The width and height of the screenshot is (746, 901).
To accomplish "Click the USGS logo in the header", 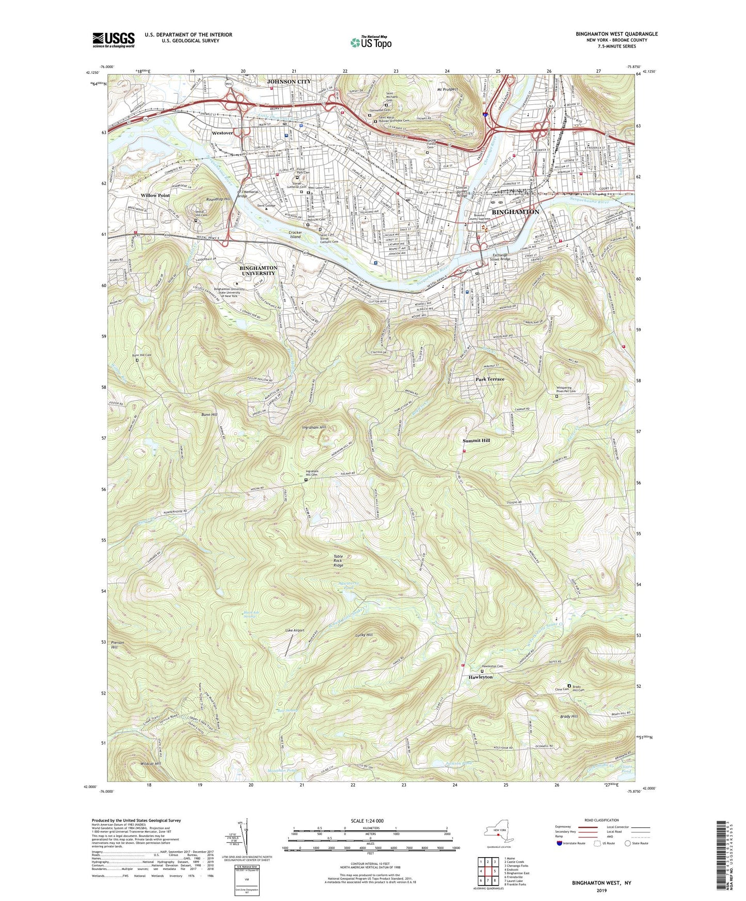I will pyautogui.click(x=114, y=39).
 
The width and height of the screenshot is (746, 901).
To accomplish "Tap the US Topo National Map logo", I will pyautogui.click(x=371, y=42).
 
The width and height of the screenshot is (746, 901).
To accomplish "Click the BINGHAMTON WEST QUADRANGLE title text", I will pyautogui.click(x=616, y=34).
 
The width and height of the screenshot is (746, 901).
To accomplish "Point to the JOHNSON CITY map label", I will pyautogui.click(x=289, y=82).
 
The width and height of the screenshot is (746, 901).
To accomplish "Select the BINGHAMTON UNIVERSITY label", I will pyautogui.click(x=258, y=270).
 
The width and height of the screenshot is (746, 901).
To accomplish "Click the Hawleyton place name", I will pyautogui.click(x=480, y=677).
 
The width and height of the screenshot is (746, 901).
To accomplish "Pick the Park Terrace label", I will pyautogui.click(x=489, y=379).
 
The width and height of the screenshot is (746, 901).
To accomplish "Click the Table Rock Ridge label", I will pyautogui.click(x=338, y=561).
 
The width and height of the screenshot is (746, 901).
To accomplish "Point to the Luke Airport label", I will pyautogui.click(x=295, y=631).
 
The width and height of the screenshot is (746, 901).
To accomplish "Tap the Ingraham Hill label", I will pyautogui.click(x=314, y=428).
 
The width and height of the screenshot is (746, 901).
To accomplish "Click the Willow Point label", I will pyautogui.click(x=155, y=196).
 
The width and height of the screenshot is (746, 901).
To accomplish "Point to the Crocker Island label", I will pyautogui.click(x=295, y=235).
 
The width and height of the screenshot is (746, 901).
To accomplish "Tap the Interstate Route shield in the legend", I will pyautogui.click(x=559, y=843).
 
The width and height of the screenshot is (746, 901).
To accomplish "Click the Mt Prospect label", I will pyautogui.click(x=447, y=89).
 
